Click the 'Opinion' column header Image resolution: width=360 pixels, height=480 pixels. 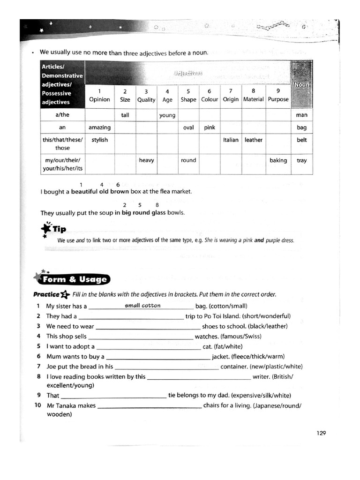[99, 99]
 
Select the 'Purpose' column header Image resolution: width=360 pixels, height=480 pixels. [278, 99]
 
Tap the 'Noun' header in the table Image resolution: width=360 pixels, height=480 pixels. [301, 85]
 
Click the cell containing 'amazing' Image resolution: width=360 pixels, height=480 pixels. [99, 127]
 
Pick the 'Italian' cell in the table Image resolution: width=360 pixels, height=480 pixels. [231, 140]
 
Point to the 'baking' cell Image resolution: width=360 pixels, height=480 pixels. [278, 160]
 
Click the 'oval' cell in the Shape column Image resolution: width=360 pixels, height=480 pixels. [188, 127]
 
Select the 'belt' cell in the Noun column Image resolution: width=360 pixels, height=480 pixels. [301, 140]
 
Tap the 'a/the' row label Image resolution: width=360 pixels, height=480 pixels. [62, 115]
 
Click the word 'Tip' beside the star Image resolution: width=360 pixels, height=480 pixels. [59, 229]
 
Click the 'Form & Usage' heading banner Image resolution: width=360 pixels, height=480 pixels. [75, 280]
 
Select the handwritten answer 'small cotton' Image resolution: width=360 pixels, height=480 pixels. [142, 306]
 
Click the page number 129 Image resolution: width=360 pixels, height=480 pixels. [321, 433]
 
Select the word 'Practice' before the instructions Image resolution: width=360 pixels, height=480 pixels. [46, 295]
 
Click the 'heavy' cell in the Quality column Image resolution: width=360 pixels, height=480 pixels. [146, 160]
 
